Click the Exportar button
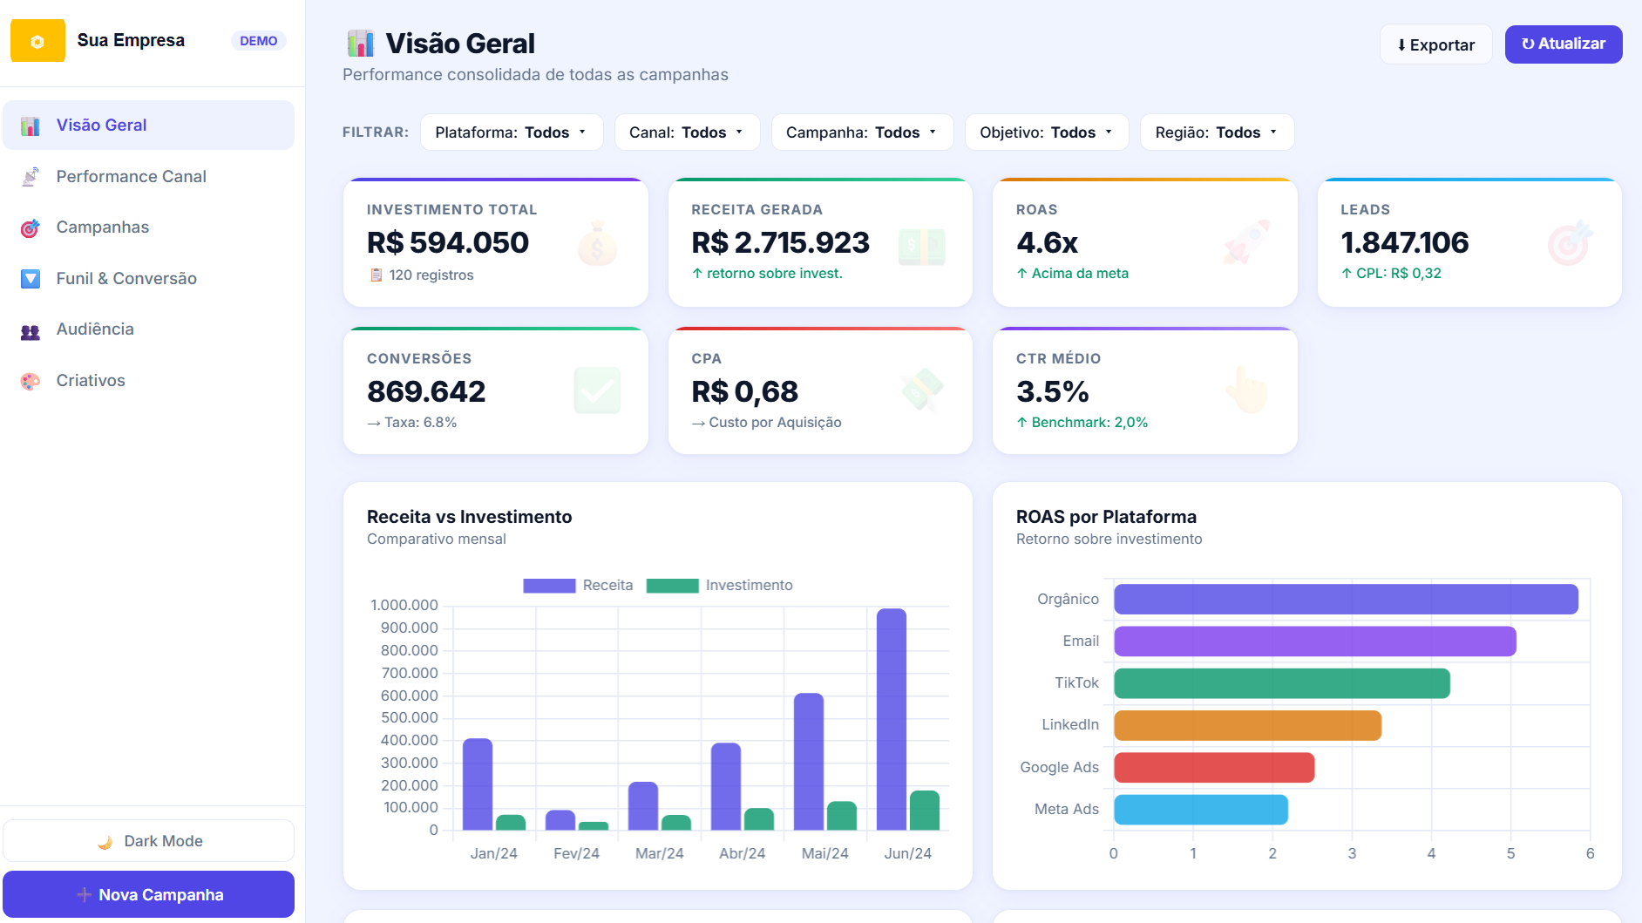(1435, 44)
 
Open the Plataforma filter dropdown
(512, 132)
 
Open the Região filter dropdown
(1217, 132)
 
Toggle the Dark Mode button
(148, 841)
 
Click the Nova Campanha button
(148, 894)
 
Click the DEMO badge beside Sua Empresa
(259, 41)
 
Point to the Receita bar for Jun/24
(892, 719)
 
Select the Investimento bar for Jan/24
(511, 823)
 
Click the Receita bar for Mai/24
(809, 762)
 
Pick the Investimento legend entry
(720, 586)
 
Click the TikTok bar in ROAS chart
(1282, 683)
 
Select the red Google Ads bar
(1214, 768)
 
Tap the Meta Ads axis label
(1067, 809)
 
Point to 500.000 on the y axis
(410, 717)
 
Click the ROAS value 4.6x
(1048, 242)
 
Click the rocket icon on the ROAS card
(1246, 241)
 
